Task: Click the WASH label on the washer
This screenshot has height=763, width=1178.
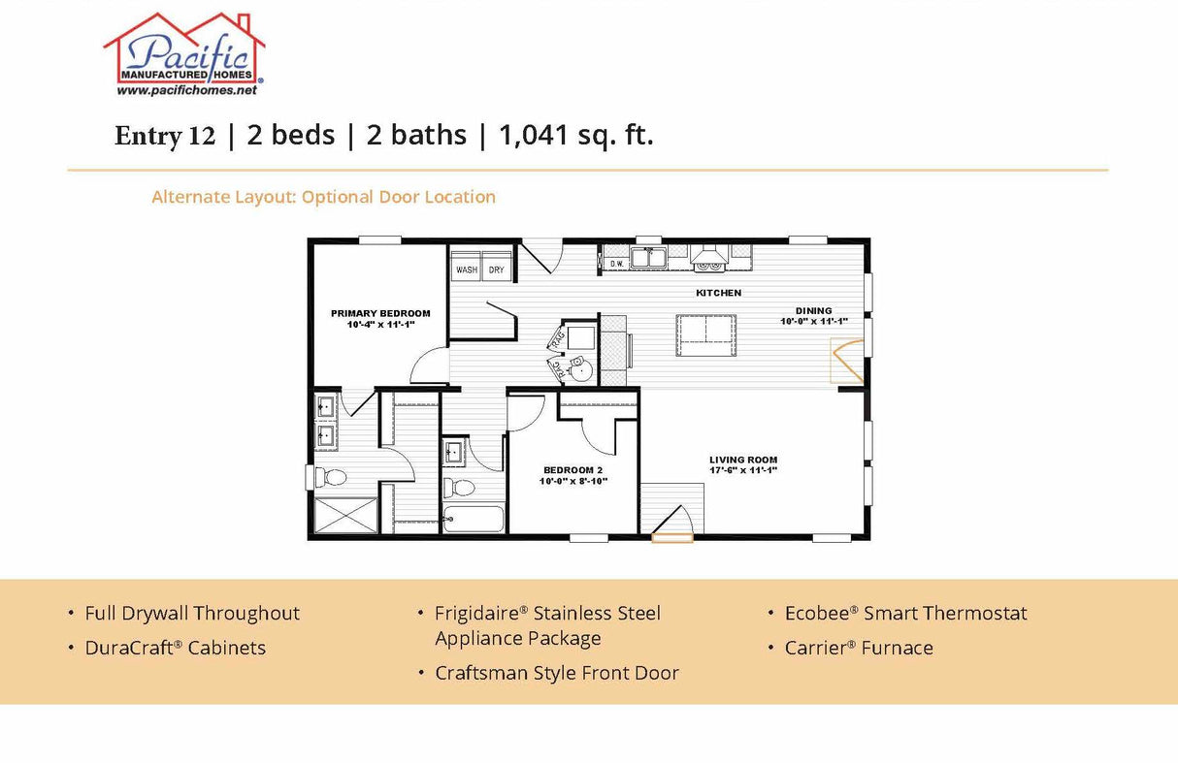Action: point(467,270)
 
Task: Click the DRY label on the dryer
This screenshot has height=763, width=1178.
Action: point(496,270)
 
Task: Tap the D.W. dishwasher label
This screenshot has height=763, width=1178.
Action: point(616,262)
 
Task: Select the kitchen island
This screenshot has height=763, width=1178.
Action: point(705,335)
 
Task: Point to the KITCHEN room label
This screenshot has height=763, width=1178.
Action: point(718,293)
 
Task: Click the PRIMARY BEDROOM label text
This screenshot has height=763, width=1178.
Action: point(380,313)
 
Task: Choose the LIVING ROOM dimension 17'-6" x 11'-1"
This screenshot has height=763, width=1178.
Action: point(742,470)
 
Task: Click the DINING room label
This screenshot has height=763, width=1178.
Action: point(813,311)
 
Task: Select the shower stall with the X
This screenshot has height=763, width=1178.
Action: point(345,515)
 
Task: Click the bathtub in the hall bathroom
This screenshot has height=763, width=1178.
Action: point(474,519)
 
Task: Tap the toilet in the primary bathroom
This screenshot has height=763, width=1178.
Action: point(332,477)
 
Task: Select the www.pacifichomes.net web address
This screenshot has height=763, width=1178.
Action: point(186,90)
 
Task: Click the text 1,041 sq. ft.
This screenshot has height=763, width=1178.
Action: point(576,136)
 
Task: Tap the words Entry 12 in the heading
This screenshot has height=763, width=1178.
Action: point(164,137)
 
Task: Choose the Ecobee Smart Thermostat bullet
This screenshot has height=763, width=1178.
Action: point(905,613)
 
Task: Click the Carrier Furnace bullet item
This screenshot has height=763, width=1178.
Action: point(859,648)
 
